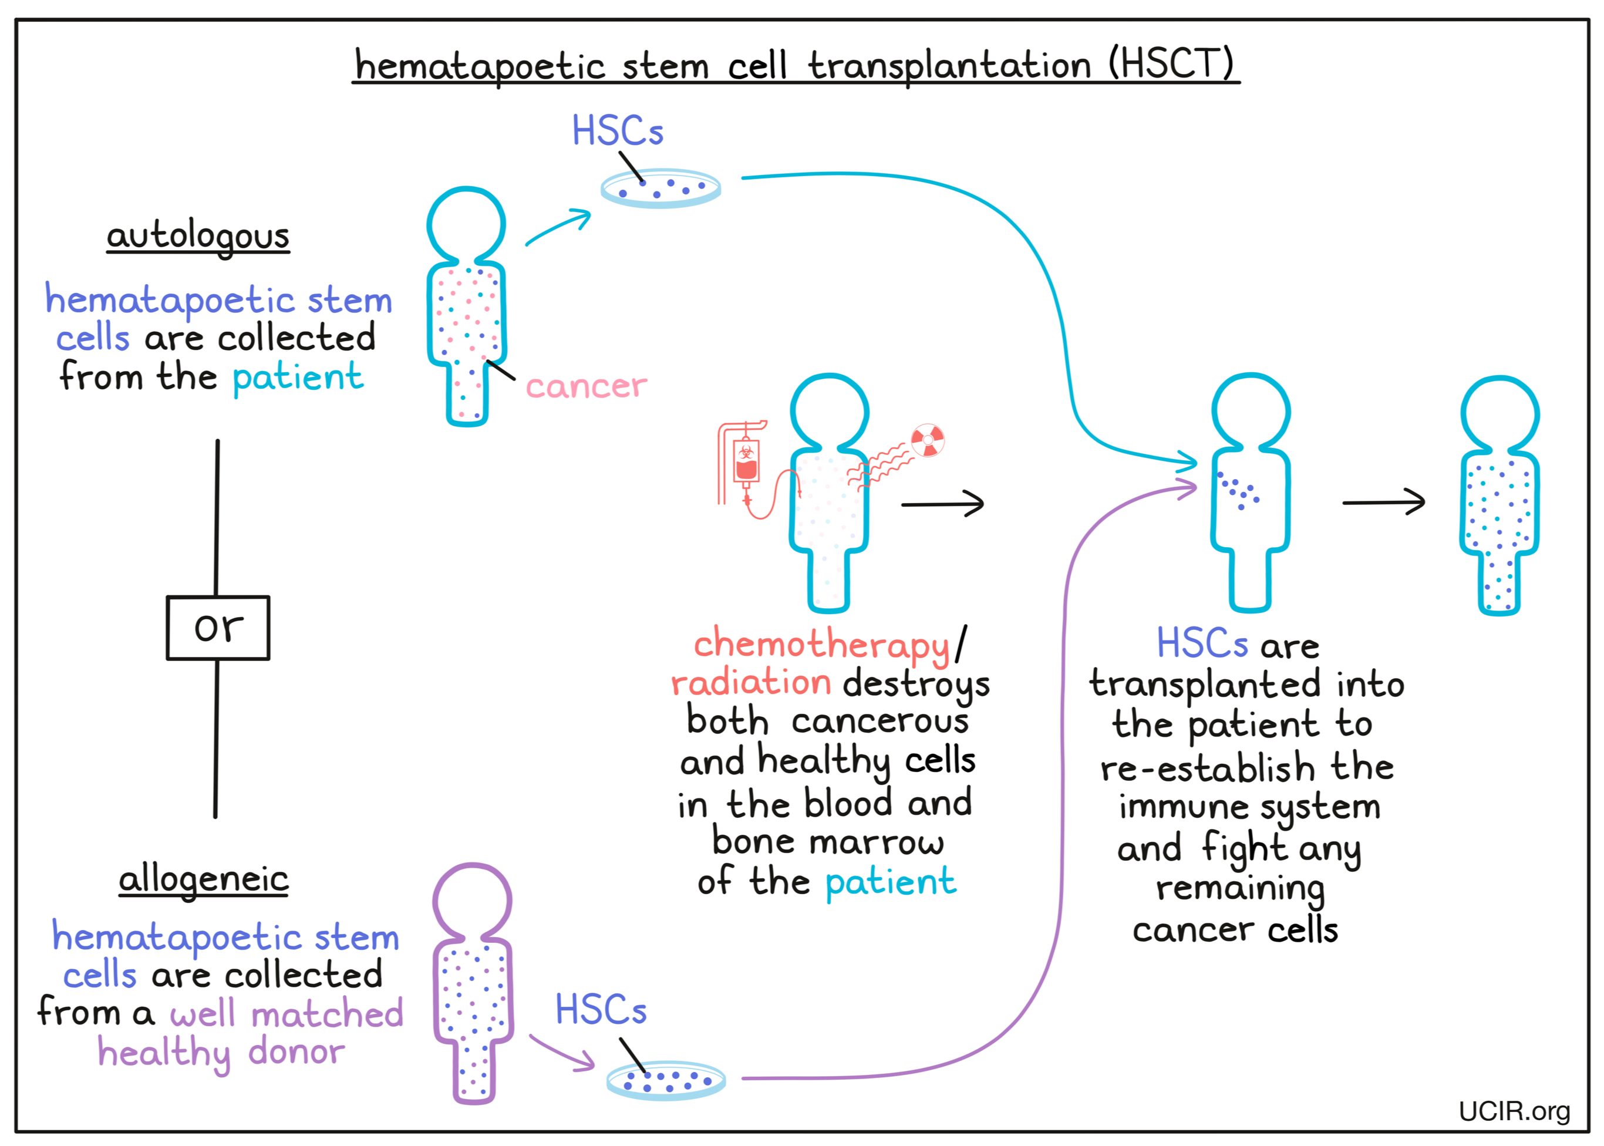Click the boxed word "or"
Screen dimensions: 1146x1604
(217, 628)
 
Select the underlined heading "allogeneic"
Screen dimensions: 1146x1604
(203, 879)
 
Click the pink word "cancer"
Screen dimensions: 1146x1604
(586, 386)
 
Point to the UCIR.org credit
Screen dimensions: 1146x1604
(1514, 1111)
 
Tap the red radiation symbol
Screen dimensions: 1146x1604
(927, 440)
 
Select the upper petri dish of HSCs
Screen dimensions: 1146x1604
(661, 188)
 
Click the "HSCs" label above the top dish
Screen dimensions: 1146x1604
(618, 132)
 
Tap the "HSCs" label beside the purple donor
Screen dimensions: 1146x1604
(601, 1009)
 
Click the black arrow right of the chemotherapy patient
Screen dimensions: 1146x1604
(943, 504)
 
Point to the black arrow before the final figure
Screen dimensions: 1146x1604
(1383, 503)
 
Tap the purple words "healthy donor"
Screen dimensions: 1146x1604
(221, 1053)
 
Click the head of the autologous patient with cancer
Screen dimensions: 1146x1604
(466, 224)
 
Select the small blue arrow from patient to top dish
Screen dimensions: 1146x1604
(558, 227)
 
